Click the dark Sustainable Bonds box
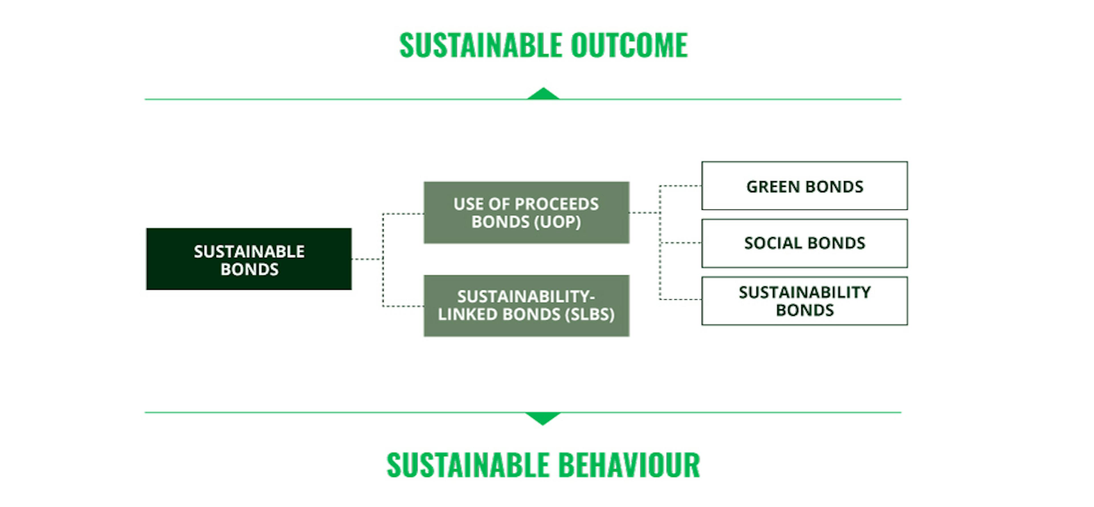point(249,259)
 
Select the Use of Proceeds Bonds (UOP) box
point(526,212)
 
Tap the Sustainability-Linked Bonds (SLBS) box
point(526,306)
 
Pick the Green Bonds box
point(804,186)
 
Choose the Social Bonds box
point(804,243)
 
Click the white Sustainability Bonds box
point(804,301)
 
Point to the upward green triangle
point(543,94)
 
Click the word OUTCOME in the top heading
point(629,45)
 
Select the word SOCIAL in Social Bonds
point(773,243)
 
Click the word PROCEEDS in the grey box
point(556,204)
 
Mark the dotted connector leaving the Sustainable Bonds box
point(367,259)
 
